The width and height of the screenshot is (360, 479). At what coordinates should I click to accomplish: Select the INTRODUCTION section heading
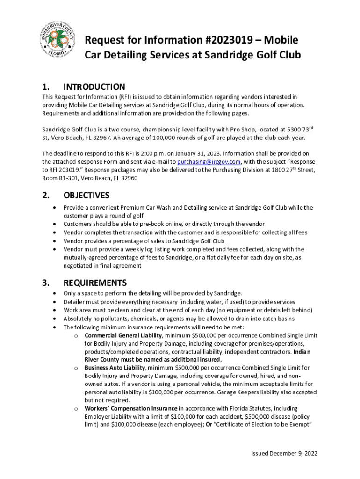pyautogui.click(x=94, y=87)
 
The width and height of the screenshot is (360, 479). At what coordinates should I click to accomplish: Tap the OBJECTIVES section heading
pyautogui.click(x=86, y=195)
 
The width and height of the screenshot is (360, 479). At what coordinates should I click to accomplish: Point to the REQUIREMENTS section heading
pyautogui.click(x=95, y=283)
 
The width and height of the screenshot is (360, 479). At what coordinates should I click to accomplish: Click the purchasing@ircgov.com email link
pyautogui.click(x=209, y=161)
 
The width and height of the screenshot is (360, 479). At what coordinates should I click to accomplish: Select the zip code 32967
pyautogui.click(x=113, y=138)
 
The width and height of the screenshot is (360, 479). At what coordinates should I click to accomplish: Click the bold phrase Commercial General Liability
pyautogui.click(x=123, y=336)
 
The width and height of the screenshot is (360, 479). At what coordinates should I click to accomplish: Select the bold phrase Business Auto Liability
pyautogui.click(x=115, y=368)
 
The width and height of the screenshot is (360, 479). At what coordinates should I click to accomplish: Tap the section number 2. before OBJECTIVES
pyautogui.click(x=46, y=195)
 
